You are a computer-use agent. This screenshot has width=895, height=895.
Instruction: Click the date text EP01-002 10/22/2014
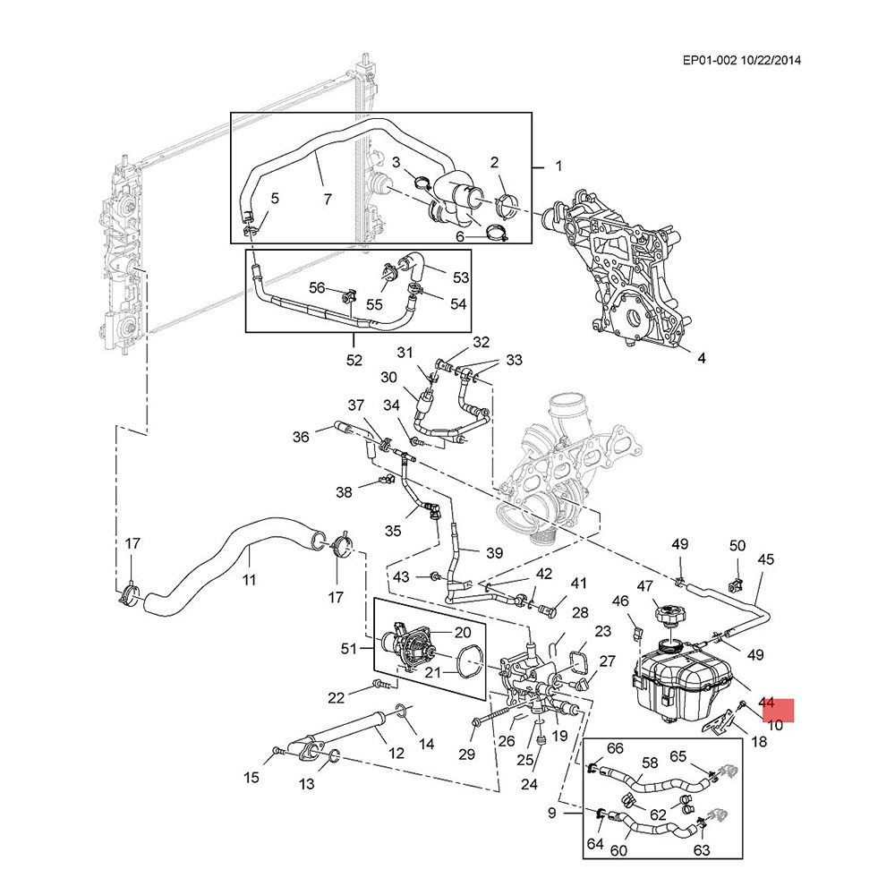(x=741, y=61)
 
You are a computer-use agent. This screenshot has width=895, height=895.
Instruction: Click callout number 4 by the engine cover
(x=702, y=358)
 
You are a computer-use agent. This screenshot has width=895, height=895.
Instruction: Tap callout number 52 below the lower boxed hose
(x=354, y=361)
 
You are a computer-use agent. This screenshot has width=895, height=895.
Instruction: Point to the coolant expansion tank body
(x=680, y=680)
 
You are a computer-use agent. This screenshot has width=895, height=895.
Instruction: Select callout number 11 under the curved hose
(x=249, y=580)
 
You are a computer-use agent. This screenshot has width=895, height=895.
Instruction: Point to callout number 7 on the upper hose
(x=327, y=199)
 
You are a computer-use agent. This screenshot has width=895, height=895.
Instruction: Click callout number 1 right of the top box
(x=558, y=166)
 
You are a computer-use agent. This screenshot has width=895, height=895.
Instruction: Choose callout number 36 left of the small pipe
(x=301, y=437)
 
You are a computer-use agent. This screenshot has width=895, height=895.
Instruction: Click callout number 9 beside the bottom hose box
(x=552, y=813)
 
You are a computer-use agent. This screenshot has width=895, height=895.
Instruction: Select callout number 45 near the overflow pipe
(x=765, y=560)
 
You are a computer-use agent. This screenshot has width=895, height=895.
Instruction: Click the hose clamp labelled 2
(x=507, y=204)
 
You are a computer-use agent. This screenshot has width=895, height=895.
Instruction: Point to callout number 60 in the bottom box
(x=618, y=849)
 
